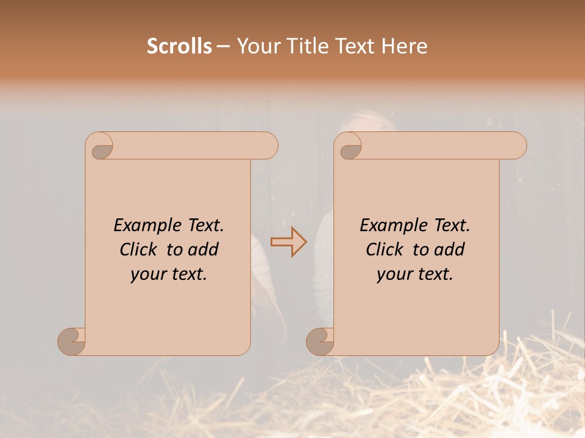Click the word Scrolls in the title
179,46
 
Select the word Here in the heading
404,46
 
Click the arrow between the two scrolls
288,242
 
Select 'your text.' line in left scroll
169,274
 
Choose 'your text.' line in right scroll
415,274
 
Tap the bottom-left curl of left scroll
72,341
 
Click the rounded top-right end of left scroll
268,146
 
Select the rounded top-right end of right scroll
517,146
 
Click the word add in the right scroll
450,250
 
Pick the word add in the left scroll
204,250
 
